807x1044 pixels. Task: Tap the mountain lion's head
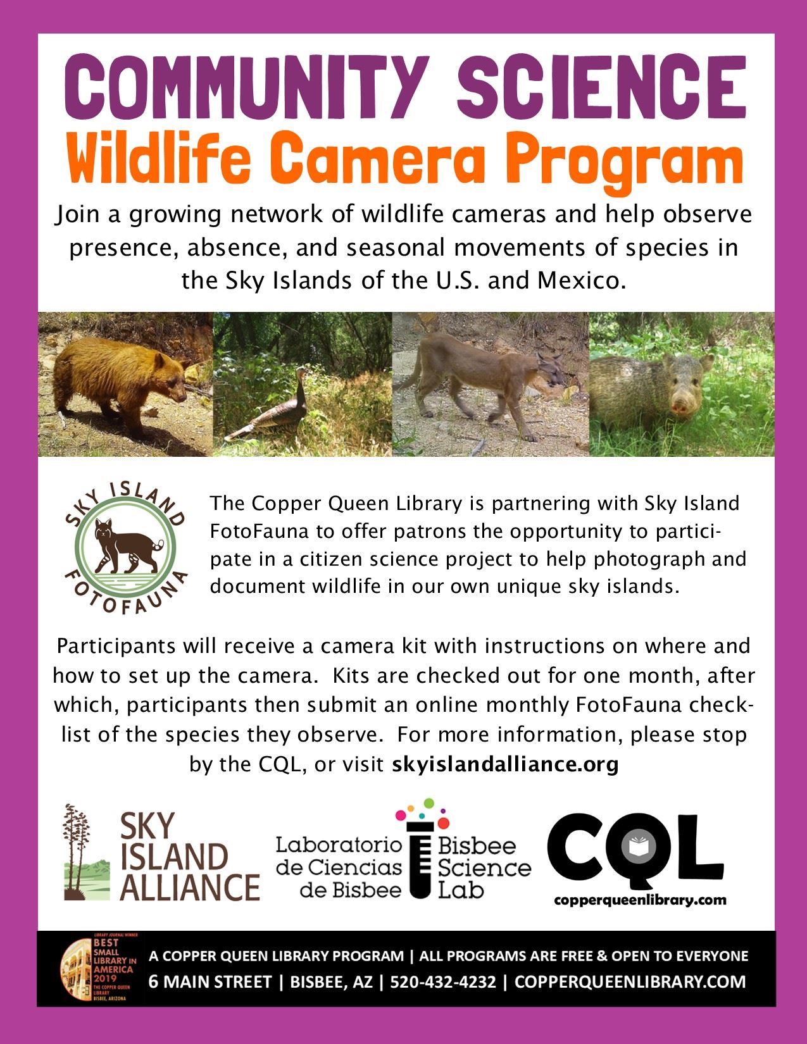tap(549, 370)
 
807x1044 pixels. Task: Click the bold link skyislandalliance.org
tap(505, 764)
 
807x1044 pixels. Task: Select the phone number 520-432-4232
tap(443, 982)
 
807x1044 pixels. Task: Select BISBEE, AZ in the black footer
tap(332, 982)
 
